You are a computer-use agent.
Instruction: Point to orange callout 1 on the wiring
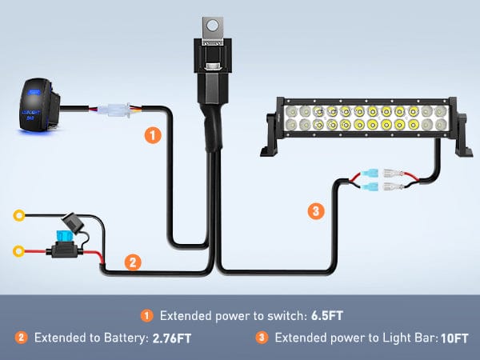coord(151,134)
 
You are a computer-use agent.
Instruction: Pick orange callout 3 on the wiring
coord(316,212)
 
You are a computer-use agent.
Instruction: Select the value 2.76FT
coord(174,338)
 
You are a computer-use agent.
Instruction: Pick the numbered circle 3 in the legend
coord(261,338)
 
